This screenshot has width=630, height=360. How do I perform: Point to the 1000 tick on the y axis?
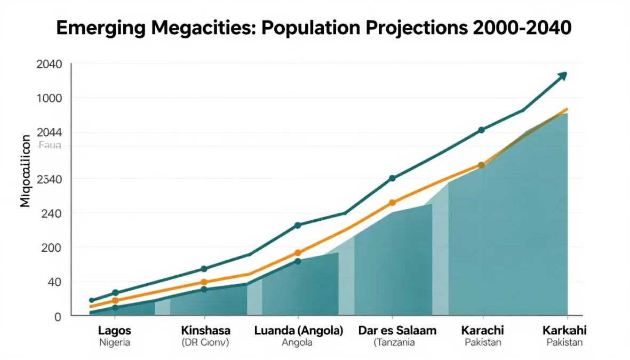click(49, 99)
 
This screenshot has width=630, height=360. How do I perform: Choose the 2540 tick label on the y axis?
click(49, 179)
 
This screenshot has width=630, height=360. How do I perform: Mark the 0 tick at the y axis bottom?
click(58, 317)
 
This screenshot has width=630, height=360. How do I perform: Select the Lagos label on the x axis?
click(114, 331)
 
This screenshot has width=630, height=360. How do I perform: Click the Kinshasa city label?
click(206, 331)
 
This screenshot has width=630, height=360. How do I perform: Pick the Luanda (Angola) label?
click(298, 331)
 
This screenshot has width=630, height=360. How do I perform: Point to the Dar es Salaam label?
click(397, 331)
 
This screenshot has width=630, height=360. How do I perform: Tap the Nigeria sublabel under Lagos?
click(114, 343)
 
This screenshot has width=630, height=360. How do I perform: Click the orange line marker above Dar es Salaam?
click(393, 203)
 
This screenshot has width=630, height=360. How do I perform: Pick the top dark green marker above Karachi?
click(481, 130)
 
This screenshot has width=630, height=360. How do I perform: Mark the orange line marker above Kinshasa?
click(204, 282)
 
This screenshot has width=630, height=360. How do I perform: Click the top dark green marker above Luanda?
click(298, 226)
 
